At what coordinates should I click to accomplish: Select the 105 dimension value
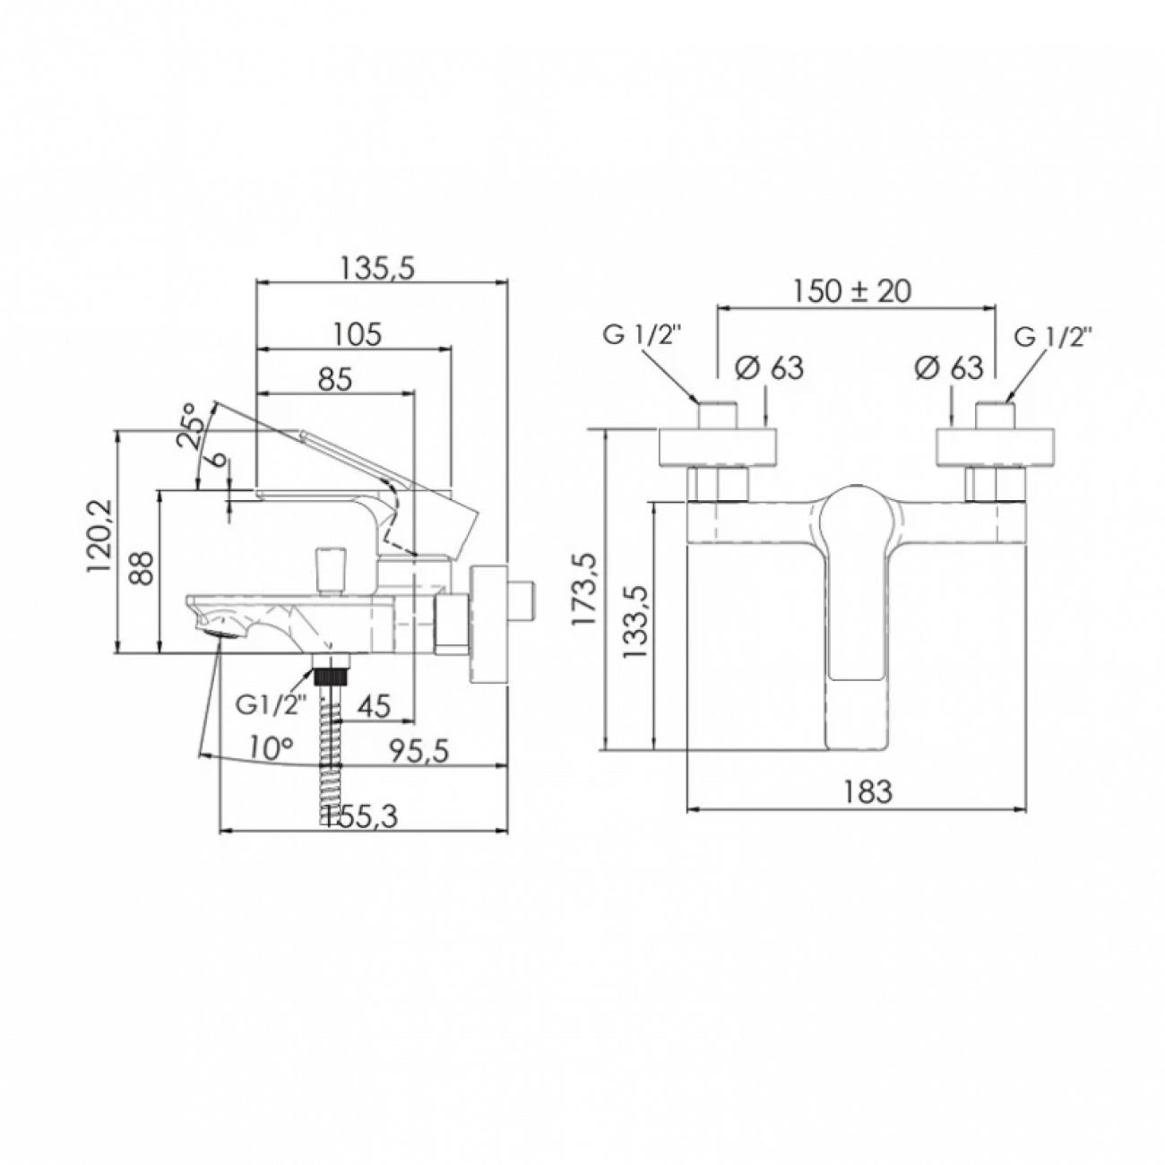[x=359, y=333]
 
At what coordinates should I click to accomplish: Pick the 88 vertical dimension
[x=143, y=565]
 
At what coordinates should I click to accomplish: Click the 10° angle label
[x=272, y=750]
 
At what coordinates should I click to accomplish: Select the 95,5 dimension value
[x=419, y=753]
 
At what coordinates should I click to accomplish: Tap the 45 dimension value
[x=375, y=706]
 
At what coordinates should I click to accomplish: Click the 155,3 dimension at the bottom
[x=361, y=817]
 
